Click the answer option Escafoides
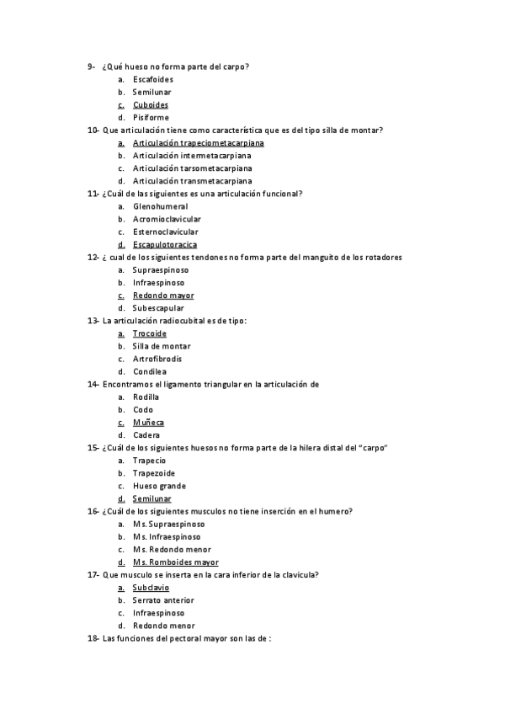tap(153, 79)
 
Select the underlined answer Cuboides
tap(151, 105)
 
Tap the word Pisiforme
tap(151, 118)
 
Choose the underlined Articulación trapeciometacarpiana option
tap(192, 143)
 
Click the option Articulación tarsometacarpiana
tap(192, 168)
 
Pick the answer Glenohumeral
tap(160, 206)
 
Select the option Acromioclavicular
tap(166, 219)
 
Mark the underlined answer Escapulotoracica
tap(165, 245)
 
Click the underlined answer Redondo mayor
tap(163, 296)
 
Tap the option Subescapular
tap(158, 308)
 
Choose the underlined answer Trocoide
tap(150, 333)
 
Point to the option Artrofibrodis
tap(157, 359)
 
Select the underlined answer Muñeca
tap(148, 423)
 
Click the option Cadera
tap(146, 435)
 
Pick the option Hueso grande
tap(159, 486)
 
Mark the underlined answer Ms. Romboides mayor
tap(175, 562)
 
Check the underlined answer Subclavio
tap(151, 588)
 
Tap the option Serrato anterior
tap(163, 600)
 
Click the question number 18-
tap(93, 639)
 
